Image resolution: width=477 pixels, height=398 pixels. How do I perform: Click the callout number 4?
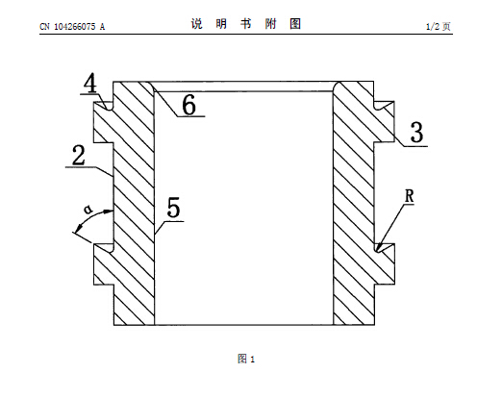coord(90,84)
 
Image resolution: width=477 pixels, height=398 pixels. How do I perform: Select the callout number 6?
coord(188,105)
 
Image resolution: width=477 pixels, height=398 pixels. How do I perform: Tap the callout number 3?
coord(416,132)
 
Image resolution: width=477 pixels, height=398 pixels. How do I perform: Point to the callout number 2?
coord(79,155)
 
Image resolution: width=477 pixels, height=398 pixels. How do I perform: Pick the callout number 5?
coord(174,208)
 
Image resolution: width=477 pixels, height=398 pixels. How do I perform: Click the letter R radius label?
coord(410,196)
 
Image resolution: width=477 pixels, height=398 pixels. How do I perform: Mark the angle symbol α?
coord(88,210)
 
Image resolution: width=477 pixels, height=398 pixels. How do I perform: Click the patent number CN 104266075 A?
coord(72,27)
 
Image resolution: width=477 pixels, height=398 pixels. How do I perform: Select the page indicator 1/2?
coord(433,27)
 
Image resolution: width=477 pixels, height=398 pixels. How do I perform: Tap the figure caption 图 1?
coord(246,359)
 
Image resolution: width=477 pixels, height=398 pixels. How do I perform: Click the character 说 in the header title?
coord(197,24)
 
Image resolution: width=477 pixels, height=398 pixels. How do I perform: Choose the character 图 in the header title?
coord(295,24)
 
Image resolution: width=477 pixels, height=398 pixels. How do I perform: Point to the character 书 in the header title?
coord(246,24)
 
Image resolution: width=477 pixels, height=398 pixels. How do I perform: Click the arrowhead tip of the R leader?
coord(377,251)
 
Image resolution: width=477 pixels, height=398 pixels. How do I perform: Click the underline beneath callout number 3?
coord(415,146)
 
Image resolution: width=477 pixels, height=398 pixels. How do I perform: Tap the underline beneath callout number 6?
coord(191,116)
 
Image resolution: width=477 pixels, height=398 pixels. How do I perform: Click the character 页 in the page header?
coord(446,27)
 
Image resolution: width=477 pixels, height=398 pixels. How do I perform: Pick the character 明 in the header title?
coord(221,24)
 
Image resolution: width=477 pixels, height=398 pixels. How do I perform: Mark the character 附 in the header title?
coord(270,24)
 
